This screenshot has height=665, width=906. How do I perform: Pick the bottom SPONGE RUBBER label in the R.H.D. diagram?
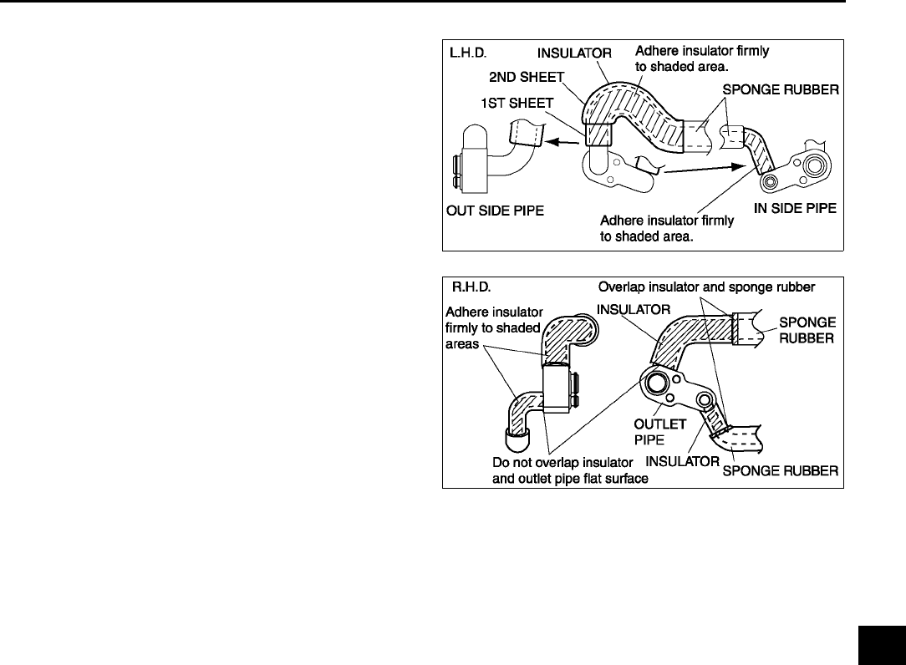780,471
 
